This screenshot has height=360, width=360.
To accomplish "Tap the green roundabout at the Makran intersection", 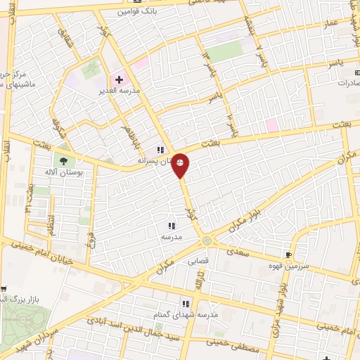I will point(207,241).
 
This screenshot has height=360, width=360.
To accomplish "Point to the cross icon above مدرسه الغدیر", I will point(120,79).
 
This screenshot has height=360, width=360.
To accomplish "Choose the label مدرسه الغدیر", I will point(122,91).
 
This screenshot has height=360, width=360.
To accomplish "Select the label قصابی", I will point(197,260).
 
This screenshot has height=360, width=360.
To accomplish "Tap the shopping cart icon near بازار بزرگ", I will point(4,288).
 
